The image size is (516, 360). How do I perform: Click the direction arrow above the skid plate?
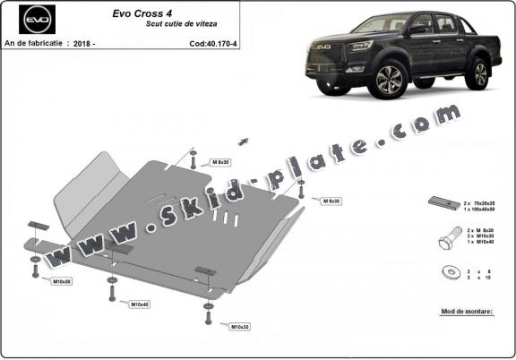coord(242,141)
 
